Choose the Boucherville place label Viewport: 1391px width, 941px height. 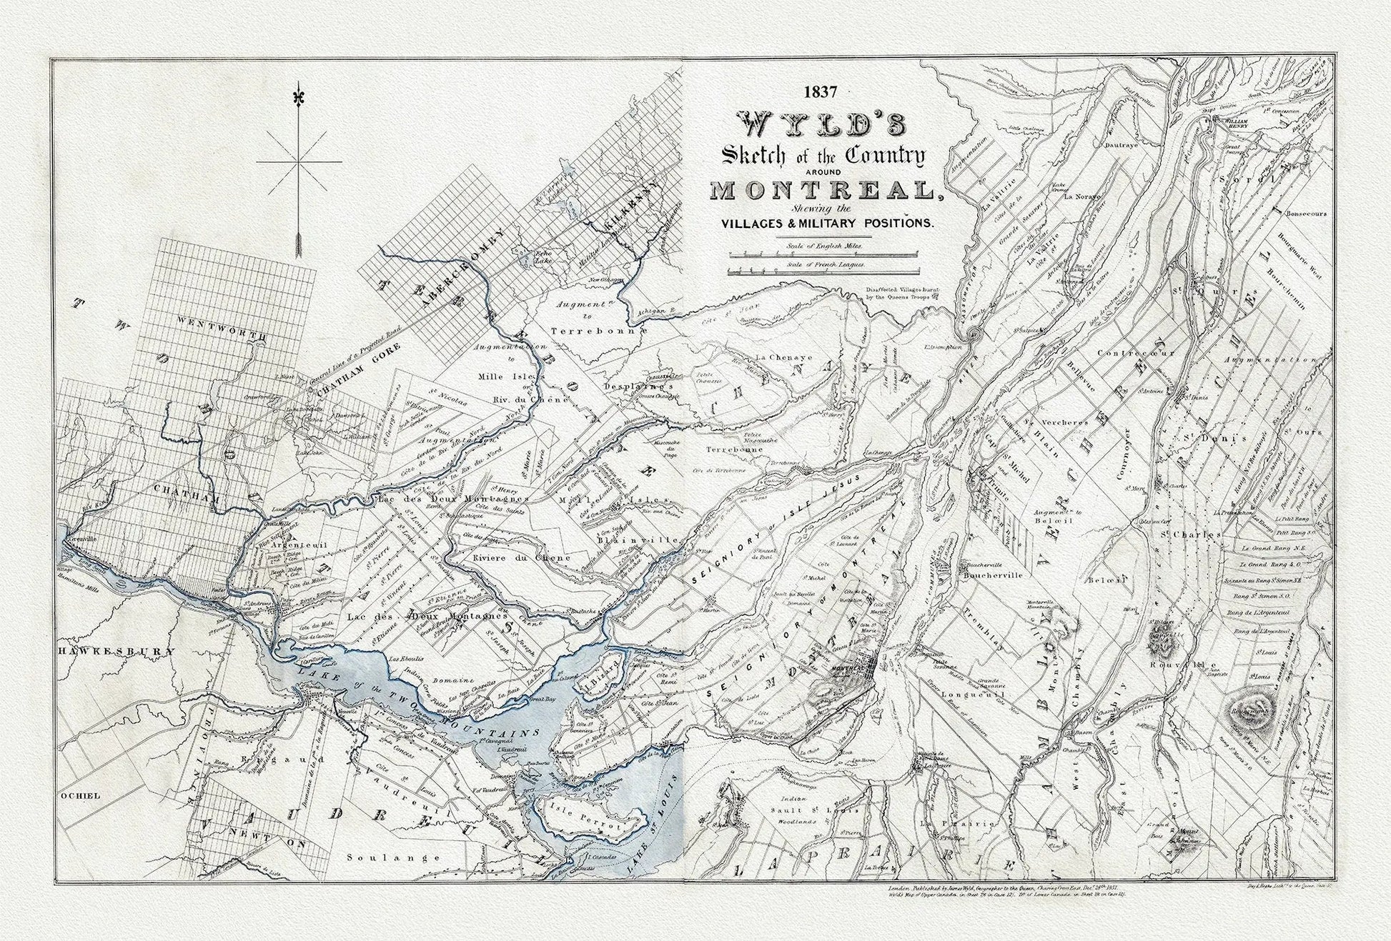click(x=994, y=574)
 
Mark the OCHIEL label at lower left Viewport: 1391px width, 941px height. click(x=81, y=795)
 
